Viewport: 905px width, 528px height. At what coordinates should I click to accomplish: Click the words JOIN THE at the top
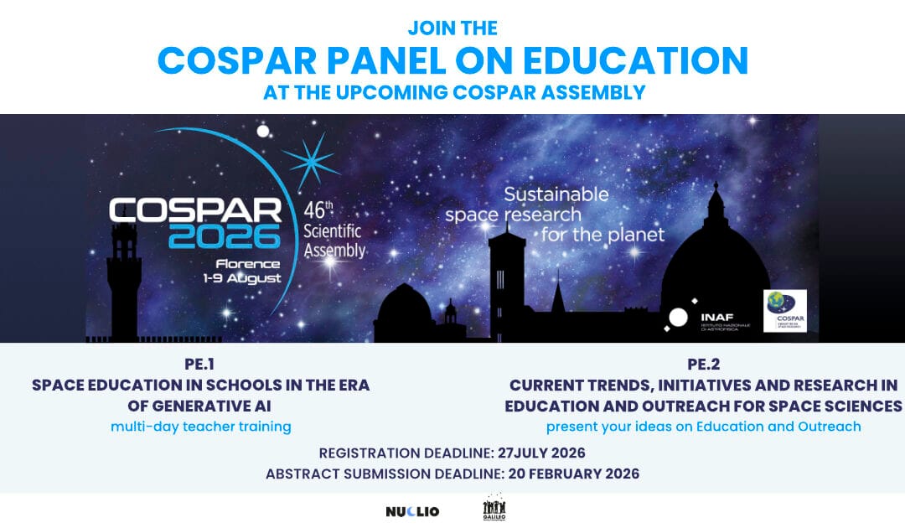coord(452,28)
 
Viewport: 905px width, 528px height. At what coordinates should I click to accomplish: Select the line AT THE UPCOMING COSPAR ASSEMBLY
coord(452,92)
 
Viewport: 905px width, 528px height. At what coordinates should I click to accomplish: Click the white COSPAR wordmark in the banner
coord(195,210)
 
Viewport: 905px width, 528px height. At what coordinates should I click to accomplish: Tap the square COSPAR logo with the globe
coord(784,310)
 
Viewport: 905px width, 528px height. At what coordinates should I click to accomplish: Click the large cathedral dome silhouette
coord(715,268)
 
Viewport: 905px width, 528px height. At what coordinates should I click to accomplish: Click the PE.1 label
coord(200,365)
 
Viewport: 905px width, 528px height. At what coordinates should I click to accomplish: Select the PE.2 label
coord(703,365)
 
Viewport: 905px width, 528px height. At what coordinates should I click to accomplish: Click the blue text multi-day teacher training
coord(200,427)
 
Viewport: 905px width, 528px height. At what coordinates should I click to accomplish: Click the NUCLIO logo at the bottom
coord(411,511)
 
